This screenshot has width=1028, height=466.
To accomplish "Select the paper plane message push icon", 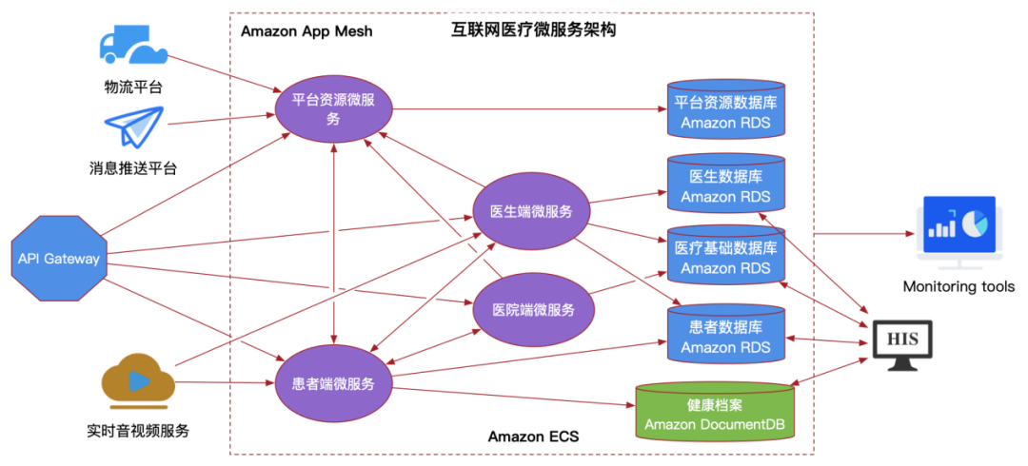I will pyautogui.click(x=134, y=126).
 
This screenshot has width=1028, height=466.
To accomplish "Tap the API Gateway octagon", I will pyautogui.click(x=58, y=259).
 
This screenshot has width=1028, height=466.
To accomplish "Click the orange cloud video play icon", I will pyautogui.click(x=137, y=382).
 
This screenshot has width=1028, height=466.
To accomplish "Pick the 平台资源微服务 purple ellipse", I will pyautogui.click(x=333, y=108).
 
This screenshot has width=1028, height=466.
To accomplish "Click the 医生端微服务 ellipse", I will pyautogui.click(x=531, y=211).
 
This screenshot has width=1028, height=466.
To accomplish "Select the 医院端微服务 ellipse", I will pyautogui.click(x=533, y=309).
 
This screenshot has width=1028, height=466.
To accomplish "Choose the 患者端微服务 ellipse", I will pyautogui.click(x=333, y=384).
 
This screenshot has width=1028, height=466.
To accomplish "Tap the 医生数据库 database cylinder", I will pyautogui.click(x=726, y=186).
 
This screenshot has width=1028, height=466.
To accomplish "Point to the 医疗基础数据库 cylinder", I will pyautogui.click(x=726, y=257).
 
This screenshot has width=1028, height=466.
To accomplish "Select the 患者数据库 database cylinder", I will pyautogui.click(x=726, y=336).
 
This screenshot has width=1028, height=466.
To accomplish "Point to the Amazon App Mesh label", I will pyautogui.click(x=306, y=31).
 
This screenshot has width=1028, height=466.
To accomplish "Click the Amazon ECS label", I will pyautogui.click(x=533, y=437).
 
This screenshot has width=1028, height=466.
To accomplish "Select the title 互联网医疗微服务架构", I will pyautogui.click(x=533, y=30).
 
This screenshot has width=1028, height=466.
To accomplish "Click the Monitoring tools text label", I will pyautogui.click(x=959, y=286).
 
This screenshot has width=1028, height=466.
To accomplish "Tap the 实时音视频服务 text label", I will pyautogui.click(x=138, y=431).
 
